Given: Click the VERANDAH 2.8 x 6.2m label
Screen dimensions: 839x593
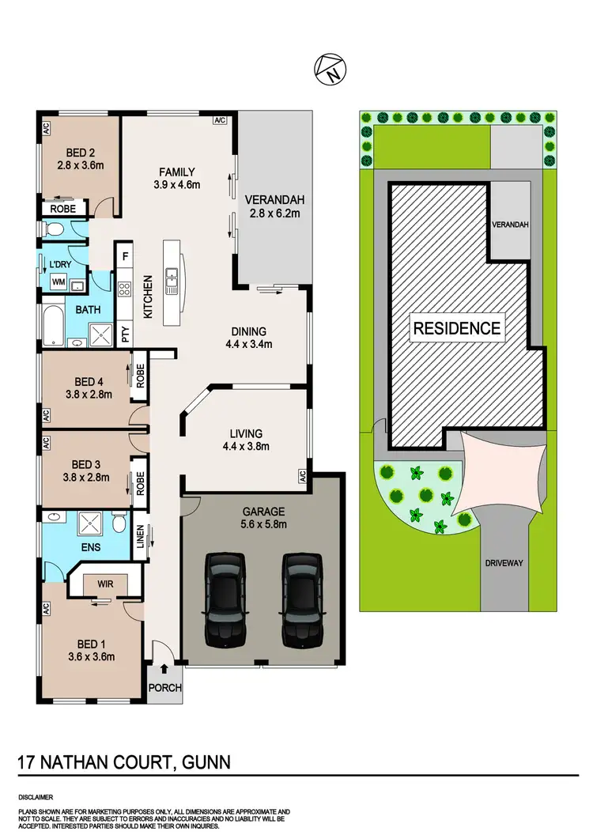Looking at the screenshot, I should tap(270, 206).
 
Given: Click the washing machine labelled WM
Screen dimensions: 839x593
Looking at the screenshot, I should tap(58, 282).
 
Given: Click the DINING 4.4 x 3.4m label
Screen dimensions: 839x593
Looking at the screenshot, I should tap(249, 338).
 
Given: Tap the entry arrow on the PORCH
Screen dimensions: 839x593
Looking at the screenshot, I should tap(164, 670).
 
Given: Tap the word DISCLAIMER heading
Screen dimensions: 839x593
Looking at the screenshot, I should tap(38, 797).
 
